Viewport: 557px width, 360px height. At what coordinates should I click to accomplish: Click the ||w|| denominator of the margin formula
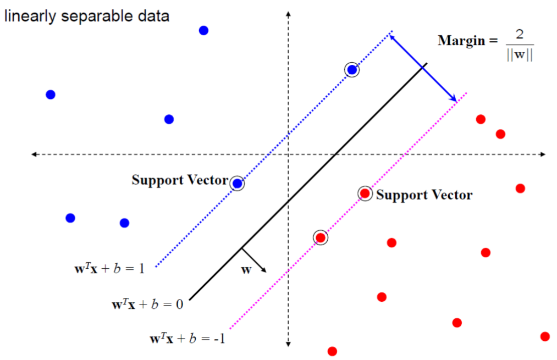520,56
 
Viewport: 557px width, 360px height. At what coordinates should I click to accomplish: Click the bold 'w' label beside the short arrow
247,270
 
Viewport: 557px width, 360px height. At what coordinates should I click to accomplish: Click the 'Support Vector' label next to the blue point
180,180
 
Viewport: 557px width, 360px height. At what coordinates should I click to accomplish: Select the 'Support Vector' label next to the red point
424,195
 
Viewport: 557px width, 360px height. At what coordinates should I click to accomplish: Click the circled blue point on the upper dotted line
352,70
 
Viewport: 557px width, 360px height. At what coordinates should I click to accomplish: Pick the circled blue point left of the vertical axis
237,184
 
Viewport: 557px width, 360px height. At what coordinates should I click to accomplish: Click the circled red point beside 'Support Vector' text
365,193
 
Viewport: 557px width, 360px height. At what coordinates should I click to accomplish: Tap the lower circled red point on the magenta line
321,237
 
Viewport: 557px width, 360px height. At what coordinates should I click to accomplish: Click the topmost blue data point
203,30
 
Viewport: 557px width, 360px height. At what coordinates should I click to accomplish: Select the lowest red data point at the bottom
332,351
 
